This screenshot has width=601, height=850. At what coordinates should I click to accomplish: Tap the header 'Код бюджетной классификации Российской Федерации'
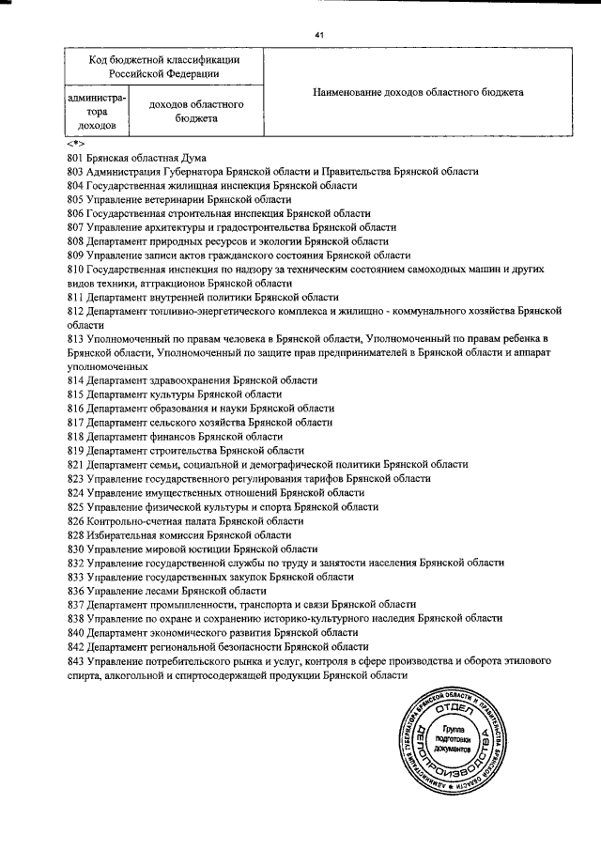tap(163, 66)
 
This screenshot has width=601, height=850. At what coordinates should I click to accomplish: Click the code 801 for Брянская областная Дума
tap(76, 158)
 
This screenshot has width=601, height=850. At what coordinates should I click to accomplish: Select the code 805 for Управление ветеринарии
tap(76, 200)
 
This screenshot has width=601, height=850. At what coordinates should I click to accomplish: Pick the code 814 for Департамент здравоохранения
tap(76, 380)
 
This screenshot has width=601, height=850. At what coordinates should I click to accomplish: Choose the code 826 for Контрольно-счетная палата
tap(76, 520)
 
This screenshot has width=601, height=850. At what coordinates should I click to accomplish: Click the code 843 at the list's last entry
tap(76, 660)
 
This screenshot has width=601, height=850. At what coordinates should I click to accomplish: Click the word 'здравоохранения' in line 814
tap(200, 380)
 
